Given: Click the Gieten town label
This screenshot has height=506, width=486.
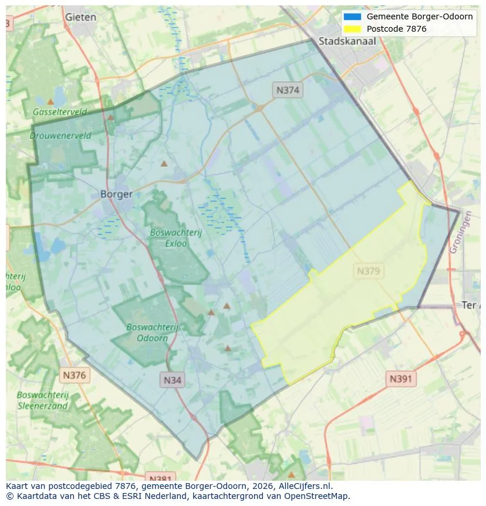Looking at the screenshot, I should pyautogui.click(x=80, y=17).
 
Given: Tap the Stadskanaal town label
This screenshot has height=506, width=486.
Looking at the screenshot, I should pyautogui.click(x=347, y=41).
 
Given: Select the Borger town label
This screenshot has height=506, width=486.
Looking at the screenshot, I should pyautogui.click(x=116, y=194).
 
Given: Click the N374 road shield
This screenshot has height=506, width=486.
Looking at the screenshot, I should pyautogui.click(x=288, y=90).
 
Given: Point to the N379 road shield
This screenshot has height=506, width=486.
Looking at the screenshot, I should pyautogui.click(x=368, y=272).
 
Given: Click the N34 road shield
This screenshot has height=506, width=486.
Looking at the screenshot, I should pyautogui.click(x=172, y=380).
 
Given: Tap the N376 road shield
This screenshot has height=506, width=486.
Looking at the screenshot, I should pyautogui.click(x=74, y=375).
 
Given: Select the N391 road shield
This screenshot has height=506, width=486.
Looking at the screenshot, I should pyautogui.click(x=401, y=379).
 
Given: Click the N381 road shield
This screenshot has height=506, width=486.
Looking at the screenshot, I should pyautogui.click(x=159, y=477).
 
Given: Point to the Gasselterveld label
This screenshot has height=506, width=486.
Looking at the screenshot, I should pyautogui.click(x=60, y=112).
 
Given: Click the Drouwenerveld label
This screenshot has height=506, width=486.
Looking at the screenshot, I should pyautogui.click(x=60, y=135).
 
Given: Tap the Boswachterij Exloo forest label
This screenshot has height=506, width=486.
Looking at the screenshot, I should pyautogui.click(x=176, y=237).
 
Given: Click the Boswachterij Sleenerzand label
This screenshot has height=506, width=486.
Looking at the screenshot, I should pyautogui.click(x=42, y=400).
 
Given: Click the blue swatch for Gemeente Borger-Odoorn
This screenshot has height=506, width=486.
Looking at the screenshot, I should pyautogui.click(x=352, y=17).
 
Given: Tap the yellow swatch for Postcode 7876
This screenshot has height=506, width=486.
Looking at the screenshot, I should pyautogui.click(x=352, y=29).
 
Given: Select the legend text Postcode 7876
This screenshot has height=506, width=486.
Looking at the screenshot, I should pyautogui.click(x=396, y=29).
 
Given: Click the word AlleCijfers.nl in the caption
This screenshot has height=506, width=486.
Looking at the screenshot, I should pyautogui.click(x=305, y=486).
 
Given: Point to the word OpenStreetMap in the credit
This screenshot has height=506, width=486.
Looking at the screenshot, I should pyautogui.click(x=316, y=496).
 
